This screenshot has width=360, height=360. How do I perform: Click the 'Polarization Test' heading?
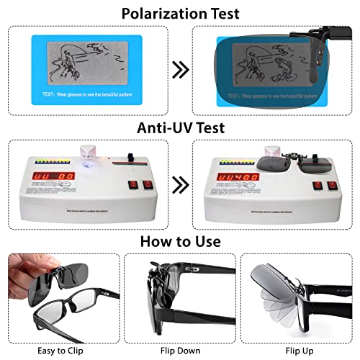pos(180,13)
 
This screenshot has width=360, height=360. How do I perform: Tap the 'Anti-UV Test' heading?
pos(180,127)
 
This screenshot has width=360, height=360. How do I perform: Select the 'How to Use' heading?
pos(180,241)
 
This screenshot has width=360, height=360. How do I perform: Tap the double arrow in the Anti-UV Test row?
pos(180,185)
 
